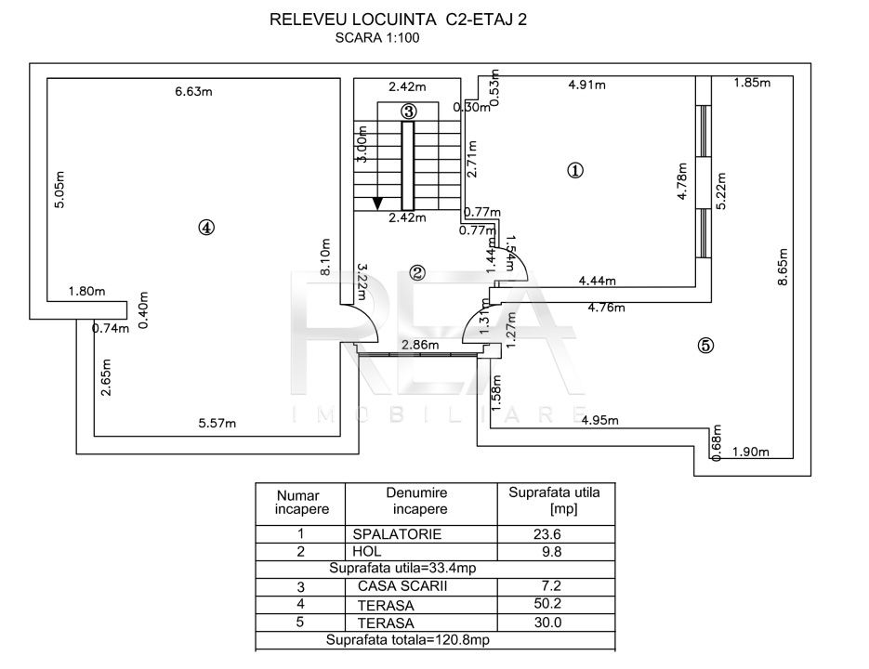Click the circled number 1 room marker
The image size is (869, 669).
[x=575, y=170]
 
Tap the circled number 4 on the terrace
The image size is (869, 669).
[x=206, y=227]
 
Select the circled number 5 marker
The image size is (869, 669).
[x=705, y=346]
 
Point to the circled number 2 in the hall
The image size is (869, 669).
[x=417, y=273]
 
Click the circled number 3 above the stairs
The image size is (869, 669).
[x=409, y=110]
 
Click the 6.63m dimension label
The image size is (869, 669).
[x=194, y=91]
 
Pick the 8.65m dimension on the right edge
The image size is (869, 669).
[x=783, y=269]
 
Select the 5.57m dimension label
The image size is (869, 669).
[x=217, y=424]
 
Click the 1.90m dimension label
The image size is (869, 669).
[x=751, y=453]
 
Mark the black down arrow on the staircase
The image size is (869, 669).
[x=376, y=202]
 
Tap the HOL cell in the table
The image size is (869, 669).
[x=366, y=552]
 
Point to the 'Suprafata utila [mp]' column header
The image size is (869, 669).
[x=554, y=501]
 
